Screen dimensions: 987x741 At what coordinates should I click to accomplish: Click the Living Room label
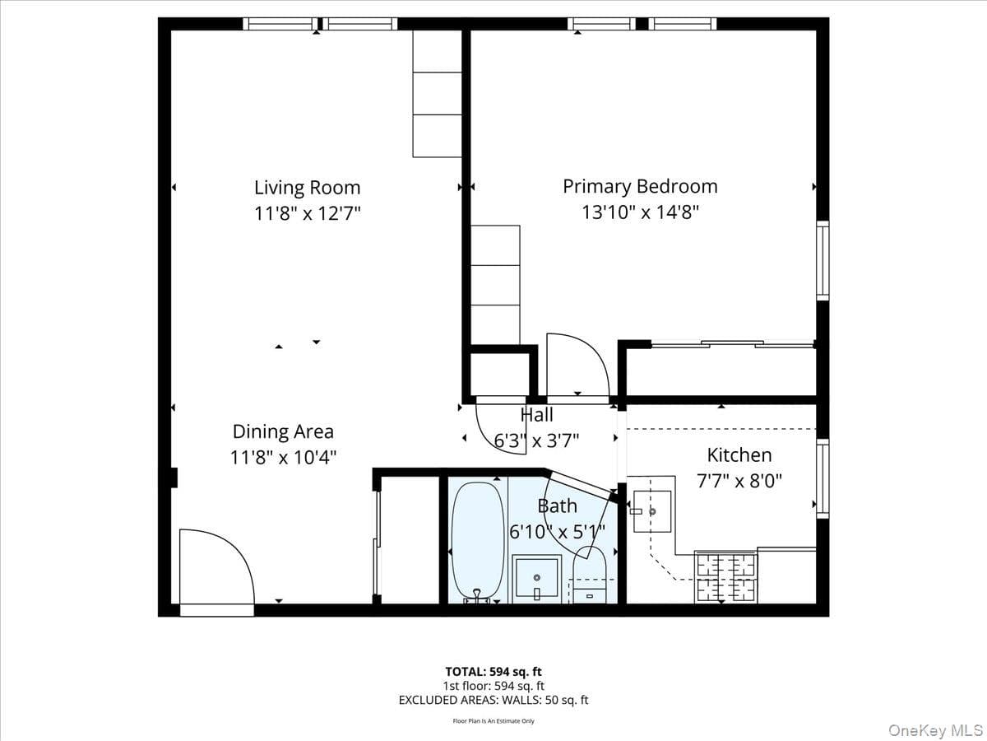307,188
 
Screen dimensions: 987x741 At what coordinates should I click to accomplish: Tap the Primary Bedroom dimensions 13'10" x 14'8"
640,212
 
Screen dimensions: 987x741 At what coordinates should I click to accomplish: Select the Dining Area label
283,432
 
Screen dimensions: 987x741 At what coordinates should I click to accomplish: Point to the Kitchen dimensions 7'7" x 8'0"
739,481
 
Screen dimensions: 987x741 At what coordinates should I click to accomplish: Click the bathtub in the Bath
478,541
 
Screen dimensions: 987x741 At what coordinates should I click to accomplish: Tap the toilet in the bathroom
590,575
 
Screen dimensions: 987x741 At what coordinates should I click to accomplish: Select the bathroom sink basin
537,579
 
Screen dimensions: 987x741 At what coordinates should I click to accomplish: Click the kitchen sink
652,511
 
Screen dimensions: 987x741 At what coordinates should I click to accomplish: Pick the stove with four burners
725,577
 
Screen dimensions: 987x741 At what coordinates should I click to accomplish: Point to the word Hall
537,415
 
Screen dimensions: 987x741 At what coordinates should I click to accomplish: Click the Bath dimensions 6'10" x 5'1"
557,532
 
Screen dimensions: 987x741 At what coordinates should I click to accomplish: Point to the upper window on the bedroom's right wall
822,260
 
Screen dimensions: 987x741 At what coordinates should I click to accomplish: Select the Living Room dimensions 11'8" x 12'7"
308,213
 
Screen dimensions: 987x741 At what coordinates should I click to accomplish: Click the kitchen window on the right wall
822,478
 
